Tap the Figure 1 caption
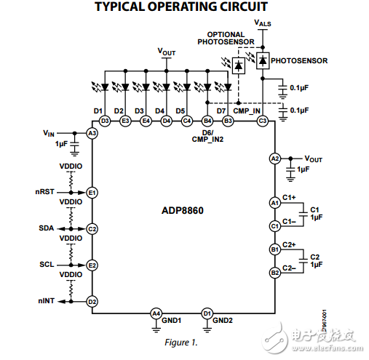point(180,342)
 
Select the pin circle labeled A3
point(92,134)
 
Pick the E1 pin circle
point(92,192)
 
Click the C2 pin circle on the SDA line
point(92,228)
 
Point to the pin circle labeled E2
point(92,265)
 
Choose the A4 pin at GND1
point(156,313)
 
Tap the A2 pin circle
point(274,158)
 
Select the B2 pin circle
point(274,273)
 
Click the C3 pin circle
point(263,120)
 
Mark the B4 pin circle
point(207,120)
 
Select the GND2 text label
point(223,320)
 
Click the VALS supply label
point(263,23)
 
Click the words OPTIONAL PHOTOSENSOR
point(226,38)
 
